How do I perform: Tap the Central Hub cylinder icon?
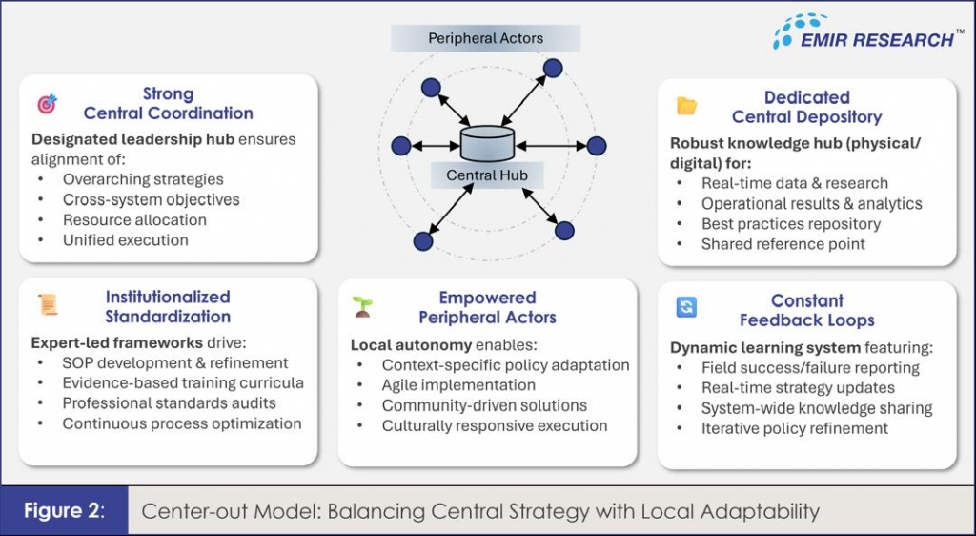[x=486, y=144]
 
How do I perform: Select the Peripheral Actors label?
[x=485, y=39]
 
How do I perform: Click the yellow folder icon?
[x=686, y=106]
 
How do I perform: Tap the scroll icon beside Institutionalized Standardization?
[x=47, y=305]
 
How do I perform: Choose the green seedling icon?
[x=362, y=306]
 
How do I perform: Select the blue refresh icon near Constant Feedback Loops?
[x=686, y=307]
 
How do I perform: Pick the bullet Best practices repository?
[x=791, y=224]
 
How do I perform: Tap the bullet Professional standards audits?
[x=170, y=402]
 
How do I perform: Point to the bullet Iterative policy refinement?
[x=795, y=428]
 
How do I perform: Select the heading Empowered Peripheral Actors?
[x=487, y=307]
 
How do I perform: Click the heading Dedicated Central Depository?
[x=806, y=107]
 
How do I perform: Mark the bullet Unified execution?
[x=125, y=239]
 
